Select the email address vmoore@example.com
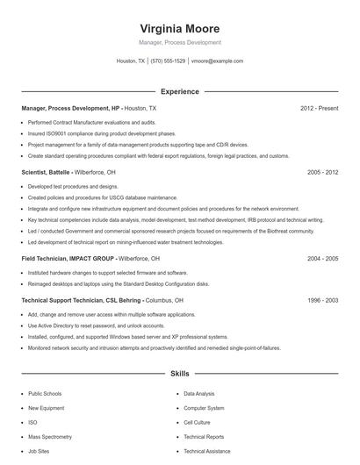tap(217, 61)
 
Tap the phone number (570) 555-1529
tap(168, 61)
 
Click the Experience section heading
tap(179, 91)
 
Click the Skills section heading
tap(179, 374)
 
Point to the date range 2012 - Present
tap(319, 108)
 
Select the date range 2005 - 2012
tap(322, 173)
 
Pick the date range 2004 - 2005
tap(322, 259)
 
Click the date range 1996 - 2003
tap(322, 300)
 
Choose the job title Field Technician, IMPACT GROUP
tap(68, 259)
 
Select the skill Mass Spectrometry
tap(49, 436)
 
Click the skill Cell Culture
tap(198, 422)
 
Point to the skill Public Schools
tap(45, 394)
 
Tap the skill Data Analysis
tap(199, 394)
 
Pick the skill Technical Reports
tap(204, 436)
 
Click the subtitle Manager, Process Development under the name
tap(179, 42)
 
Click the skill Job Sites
tap(39, 451)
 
